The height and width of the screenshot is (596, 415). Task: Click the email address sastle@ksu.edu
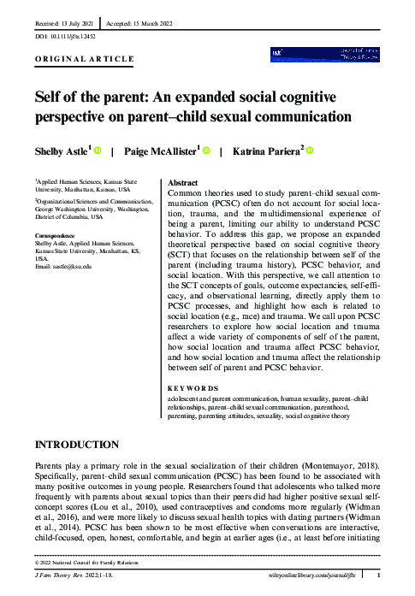(71, 267)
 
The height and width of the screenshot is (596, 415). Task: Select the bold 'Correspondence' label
(59, 234)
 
